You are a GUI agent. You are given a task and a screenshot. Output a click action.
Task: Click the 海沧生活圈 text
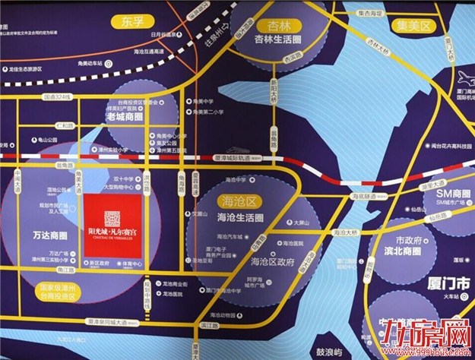(x=240, y=218)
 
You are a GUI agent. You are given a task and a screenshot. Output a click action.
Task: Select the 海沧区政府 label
(x=271, y=261)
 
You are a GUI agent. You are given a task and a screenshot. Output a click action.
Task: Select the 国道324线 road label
(x=58, y=97)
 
